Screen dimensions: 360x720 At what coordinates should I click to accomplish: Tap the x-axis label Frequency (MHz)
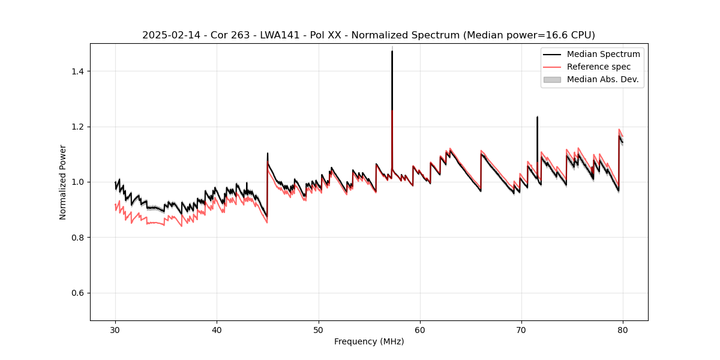tap(369, 341)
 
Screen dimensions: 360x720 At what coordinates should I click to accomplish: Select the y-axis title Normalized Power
tap(63, 182)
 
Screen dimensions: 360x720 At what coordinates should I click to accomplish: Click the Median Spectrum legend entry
tap(603, 54)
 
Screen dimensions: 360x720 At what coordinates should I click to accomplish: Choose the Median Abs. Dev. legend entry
tap(602, 79)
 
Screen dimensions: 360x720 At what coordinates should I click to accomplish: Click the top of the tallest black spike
tap(392, 51)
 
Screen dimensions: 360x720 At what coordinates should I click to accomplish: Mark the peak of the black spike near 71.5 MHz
tap(537, 117)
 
